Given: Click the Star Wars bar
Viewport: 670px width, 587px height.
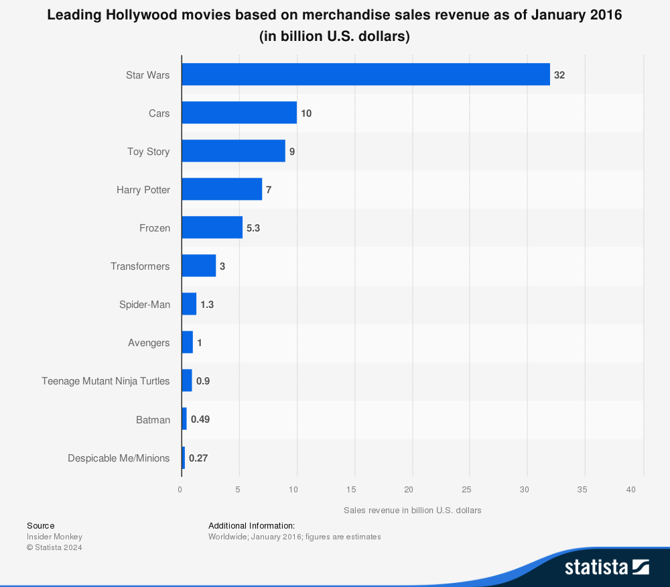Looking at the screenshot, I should click(x=365, y=74).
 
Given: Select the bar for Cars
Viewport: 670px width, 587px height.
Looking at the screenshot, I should click(x=239, y=113).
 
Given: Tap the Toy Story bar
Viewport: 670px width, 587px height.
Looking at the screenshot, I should click(x=233, y=151).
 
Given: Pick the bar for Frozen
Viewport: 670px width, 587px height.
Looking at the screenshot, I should click(x=212, y=227).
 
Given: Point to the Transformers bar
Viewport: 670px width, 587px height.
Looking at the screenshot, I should click(x=198, y=266).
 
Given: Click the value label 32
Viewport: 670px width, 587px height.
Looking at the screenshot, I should click(x=559, y=75).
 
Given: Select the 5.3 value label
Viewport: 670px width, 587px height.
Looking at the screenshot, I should click(x=253, y=228).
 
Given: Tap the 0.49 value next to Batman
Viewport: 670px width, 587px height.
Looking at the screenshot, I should click(x=201, y=419).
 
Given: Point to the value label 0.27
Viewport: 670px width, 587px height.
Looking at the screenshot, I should click(x=199, y=458).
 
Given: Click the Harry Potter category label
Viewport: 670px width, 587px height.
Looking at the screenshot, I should click(x=143, y=190).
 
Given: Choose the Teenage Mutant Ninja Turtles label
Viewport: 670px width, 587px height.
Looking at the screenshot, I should click(x=106, y=381).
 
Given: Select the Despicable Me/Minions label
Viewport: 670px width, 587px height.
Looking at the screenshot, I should click(x=119, y=458).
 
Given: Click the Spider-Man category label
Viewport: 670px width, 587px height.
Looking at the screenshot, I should click(x=145, y=305).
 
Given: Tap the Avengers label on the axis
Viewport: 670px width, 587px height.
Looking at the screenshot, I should click(x=149, y=343).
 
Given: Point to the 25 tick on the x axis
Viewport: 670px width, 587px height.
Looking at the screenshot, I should click(x=467, y=490).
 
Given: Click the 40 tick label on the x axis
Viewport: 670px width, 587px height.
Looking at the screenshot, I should click(x=630, y=490).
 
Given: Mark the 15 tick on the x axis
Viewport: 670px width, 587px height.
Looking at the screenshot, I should click(x=351, y=490).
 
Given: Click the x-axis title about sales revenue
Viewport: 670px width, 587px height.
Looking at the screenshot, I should click(x=413, y=510).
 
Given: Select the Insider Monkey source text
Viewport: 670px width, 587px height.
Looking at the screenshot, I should click(x=54, y=537).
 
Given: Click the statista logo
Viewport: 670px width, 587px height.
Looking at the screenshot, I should click(x=606, y=567).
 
